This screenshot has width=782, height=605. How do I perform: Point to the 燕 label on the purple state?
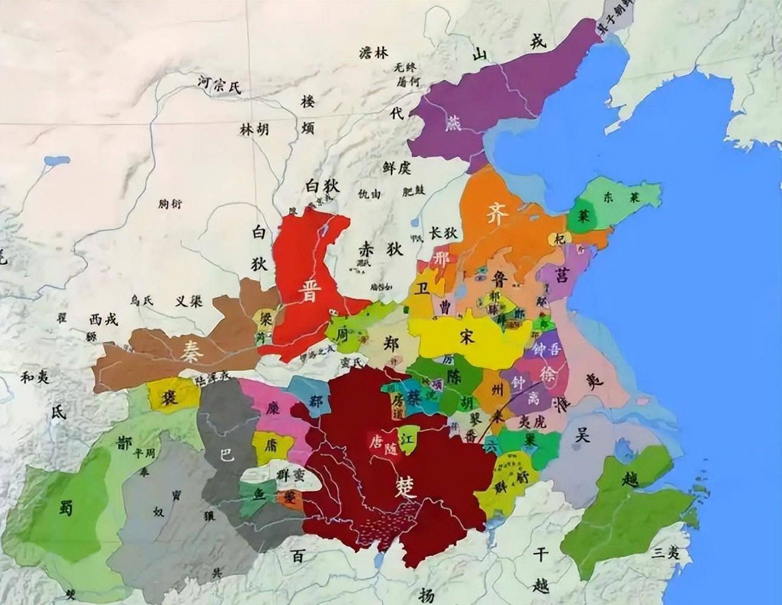(x=453, y=122)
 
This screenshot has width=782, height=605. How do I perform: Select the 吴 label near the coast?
(x=582, y=434)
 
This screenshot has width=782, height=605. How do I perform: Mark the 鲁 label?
(x=500, y=278)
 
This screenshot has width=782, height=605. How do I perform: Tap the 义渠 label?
(x=188, y=301)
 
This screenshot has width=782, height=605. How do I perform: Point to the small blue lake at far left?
(x=53, y=162)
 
